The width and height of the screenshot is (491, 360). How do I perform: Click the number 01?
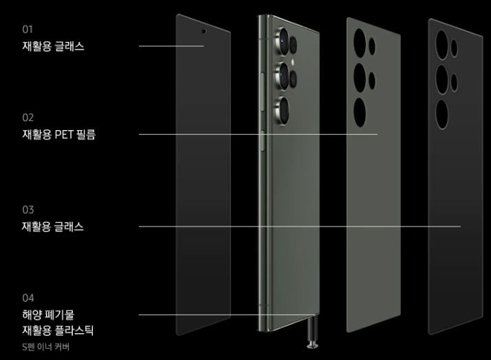click(27, 29)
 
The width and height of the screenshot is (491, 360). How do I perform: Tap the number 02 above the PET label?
click(28, 118)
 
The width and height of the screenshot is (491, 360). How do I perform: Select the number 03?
click(28, 209)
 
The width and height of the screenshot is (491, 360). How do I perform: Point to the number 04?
click(28, 298)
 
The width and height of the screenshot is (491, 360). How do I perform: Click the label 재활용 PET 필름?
click(58, 135)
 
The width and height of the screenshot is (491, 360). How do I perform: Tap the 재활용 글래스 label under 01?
click(53, 46)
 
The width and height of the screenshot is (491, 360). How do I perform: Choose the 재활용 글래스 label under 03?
click(53, 226)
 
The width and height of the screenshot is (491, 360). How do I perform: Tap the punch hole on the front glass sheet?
click(204, 31)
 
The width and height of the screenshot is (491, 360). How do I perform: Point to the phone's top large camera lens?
click(283, 39)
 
